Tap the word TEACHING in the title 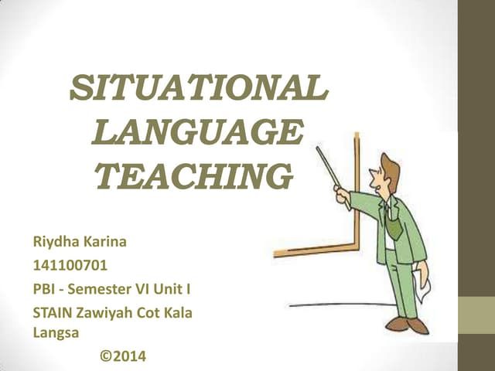(193, 176)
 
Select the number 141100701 (70, 266)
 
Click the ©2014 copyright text (122, 356)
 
